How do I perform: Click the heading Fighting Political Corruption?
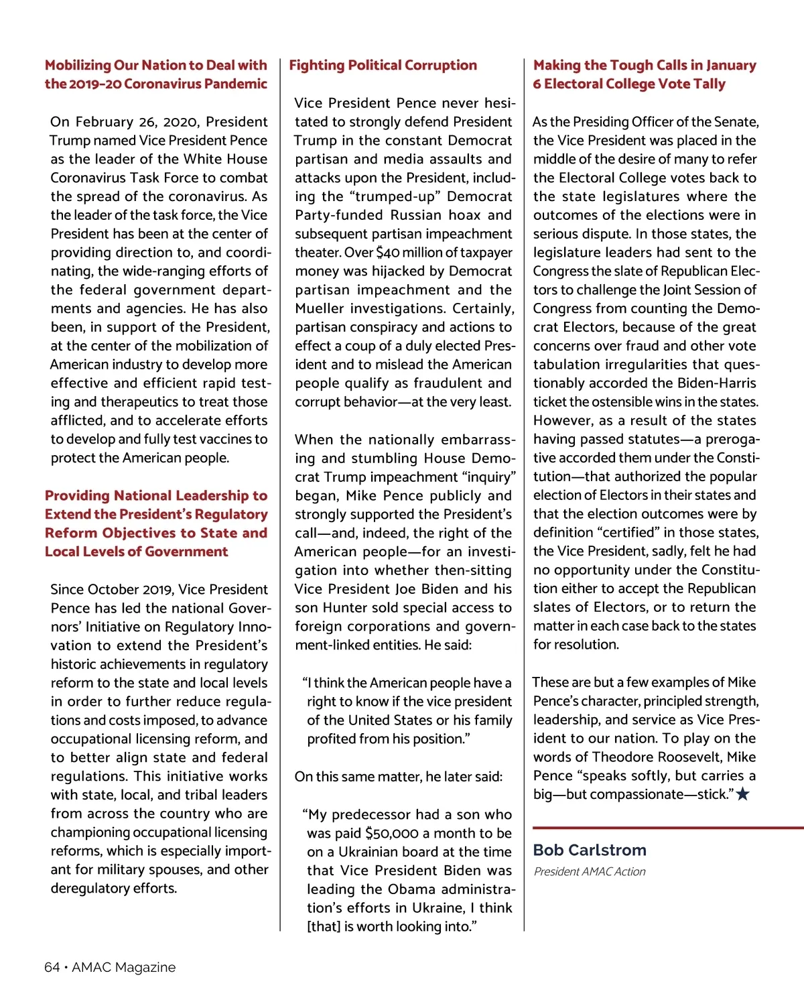click(x=383, y=65)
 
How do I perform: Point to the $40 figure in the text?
click(x=389, y=253)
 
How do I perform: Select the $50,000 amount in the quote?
click(x=392, y=833)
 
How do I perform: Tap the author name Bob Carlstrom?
click(x=590, y=850)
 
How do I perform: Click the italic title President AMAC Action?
click(x=590, y=871)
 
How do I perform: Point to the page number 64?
click(x=52, y=967)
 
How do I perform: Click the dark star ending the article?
click(x=743, y=794)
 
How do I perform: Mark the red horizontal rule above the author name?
click(x=668, y=828)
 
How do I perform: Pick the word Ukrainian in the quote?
click(x=375, y=852)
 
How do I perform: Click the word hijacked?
click(x=393, y=271)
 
